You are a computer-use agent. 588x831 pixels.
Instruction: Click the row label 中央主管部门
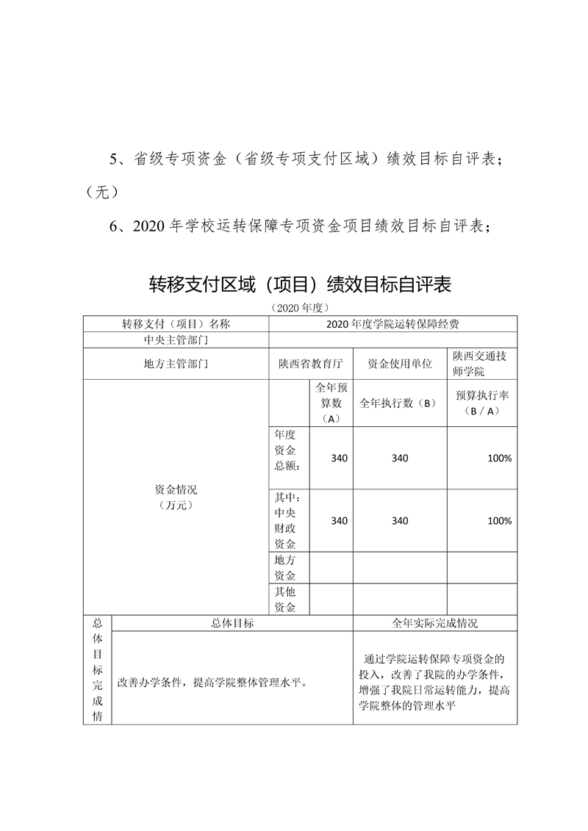[x=176, y=340]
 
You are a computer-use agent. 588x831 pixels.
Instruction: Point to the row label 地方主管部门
[x=176, y=364]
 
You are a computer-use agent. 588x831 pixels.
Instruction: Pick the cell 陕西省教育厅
[x=311, y=364]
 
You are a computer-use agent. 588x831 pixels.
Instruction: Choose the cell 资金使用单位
[x=400, y=364]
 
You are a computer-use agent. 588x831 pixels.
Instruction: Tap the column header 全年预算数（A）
[x=331, y=403]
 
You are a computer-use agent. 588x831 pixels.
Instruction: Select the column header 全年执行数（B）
[x=400, y=403]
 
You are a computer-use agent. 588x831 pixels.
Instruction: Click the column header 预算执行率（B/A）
[x=483, y=403]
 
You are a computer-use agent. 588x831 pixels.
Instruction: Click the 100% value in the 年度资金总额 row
[x=500, y=458]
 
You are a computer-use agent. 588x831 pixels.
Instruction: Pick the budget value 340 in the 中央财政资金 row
[x=339, y=520]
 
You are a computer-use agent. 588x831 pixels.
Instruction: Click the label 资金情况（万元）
[x=176, y=497]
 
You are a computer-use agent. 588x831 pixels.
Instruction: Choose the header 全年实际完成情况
[x=435, y=623]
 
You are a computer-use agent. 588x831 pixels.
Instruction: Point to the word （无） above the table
[x=101, y=193]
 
